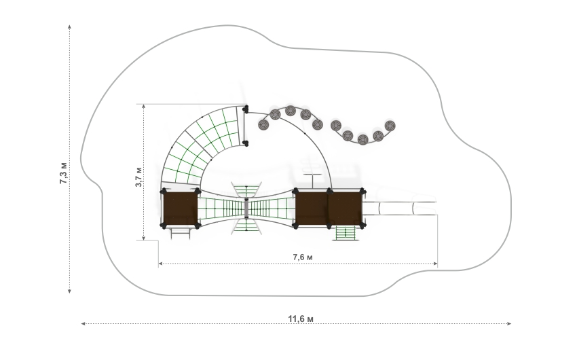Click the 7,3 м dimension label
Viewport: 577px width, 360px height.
coord(64,173)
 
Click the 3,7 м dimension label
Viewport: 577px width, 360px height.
coord(138,177)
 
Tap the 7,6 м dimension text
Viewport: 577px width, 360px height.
coord(303,257)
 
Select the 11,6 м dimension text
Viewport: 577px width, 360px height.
coord(301,319)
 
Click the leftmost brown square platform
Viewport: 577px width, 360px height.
coord(180,209)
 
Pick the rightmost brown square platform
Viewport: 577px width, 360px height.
coord(345,209)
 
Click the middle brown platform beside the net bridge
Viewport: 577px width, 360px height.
coord(312,209)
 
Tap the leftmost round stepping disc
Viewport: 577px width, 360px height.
coord(263,125)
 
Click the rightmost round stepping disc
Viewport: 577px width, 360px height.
coord(390,126)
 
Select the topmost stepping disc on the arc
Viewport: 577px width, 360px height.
coord(291,111)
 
